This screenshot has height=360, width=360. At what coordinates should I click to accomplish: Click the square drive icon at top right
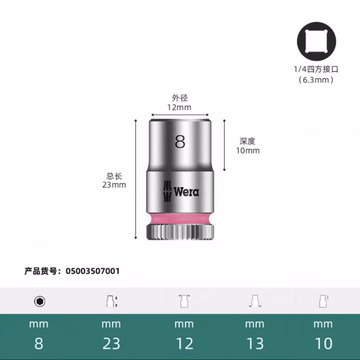click(x=316, y=42)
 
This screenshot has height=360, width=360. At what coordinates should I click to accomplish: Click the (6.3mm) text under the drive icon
click(x=316, y=79)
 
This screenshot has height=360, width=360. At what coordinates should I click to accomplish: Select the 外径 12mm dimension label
click(x=179, y=102)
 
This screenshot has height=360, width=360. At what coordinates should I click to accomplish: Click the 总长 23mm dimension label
click(x=114, y=180)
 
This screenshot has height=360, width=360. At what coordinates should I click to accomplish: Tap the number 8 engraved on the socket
click(x=180, y=141)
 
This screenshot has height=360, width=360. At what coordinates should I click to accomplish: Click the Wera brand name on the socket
click(x=186, y=191)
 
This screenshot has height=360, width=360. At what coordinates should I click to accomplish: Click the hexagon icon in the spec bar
click(x=39, y=301)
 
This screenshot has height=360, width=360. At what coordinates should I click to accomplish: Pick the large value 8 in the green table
click(x=39, y=343)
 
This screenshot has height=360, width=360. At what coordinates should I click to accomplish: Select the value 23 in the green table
click(x=111, y=343)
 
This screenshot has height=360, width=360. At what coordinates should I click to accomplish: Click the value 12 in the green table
click(x=183, y=343)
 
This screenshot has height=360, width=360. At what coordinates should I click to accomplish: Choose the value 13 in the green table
click(x=254, y=343)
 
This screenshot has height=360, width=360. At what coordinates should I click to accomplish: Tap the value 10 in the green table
click(x=323, y=343)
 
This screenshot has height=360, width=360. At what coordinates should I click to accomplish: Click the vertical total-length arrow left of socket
click(x=135, y=180)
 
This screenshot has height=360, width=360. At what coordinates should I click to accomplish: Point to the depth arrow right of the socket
click(x=224, y=145)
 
